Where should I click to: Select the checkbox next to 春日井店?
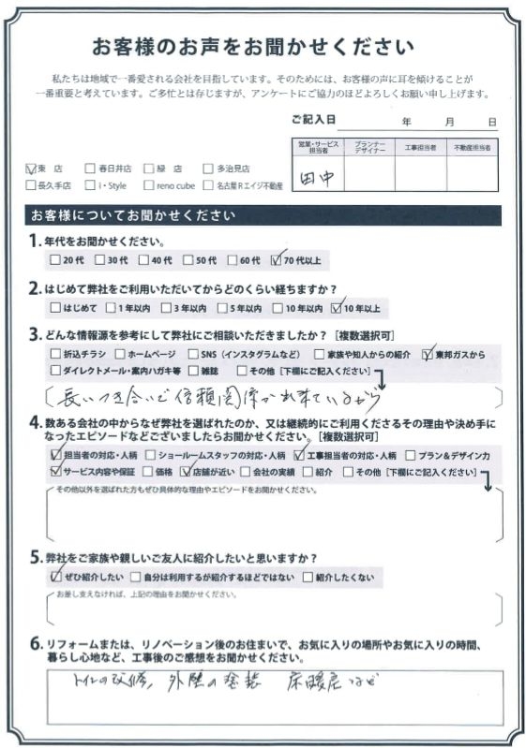coord(89,169)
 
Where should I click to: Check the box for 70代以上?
coord(275,260)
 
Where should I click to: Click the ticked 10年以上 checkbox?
coord(338,307)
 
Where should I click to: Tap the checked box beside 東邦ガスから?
coord(428,354)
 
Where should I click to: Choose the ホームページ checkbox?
coord(119,354)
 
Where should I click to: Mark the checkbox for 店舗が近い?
coord(186,472)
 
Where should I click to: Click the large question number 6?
coord(36,642)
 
